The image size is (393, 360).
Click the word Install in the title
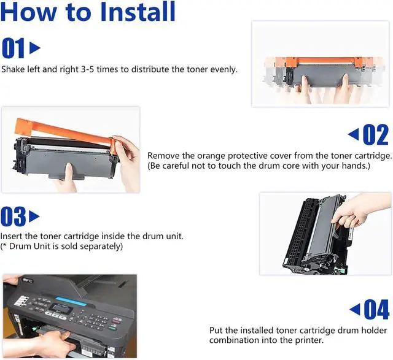point(138,11)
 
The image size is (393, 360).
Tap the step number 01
point(13,48)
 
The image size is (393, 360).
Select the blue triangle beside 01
point(34,48)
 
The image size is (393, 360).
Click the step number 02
point(376,135)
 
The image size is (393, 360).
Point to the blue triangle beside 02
point(354,134)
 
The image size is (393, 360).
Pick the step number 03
point(13,216)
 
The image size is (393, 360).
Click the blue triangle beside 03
point(34,216)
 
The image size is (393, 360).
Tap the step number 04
point(376,309)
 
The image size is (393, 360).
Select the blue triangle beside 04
point(355,309)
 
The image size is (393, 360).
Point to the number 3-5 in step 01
point(87,69)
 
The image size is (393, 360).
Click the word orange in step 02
point(211,156)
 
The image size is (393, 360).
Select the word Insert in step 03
point(11,236)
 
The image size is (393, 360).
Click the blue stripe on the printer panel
point(71,301)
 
